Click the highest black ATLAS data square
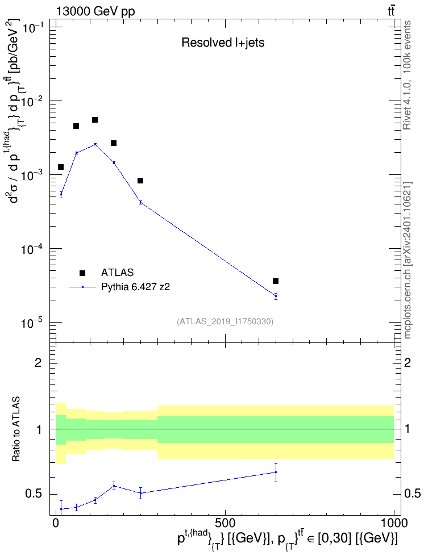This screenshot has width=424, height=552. click(x=95, y=120)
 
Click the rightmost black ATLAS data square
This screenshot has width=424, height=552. click(x=276, y=281)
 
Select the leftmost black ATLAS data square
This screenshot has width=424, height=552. click(x=61, y=167)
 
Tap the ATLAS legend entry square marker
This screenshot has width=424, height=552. click(x=82, y=273)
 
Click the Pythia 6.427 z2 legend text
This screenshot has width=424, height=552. click(x=135, y=287)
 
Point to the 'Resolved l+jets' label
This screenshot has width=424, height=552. click(x=223, y=43)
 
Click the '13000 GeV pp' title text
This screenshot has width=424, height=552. click(x=95, y=11)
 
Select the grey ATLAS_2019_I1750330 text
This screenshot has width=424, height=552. click(x=225, y=321)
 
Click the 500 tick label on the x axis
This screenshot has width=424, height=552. click(x=225, y=522)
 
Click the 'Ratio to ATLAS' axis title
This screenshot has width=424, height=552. click(x=16, y=429)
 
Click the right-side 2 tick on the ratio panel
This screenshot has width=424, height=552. click(x=407, y=362)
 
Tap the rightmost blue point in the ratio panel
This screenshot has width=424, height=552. click(x=276, y=472)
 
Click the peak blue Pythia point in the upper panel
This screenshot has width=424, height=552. click(x=95, y=144)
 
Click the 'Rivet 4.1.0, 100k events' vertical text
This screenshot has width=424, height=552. click(x=407, y=75)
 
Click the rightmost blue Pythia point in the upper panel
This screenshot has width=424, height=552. click(x=276, y=296)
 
